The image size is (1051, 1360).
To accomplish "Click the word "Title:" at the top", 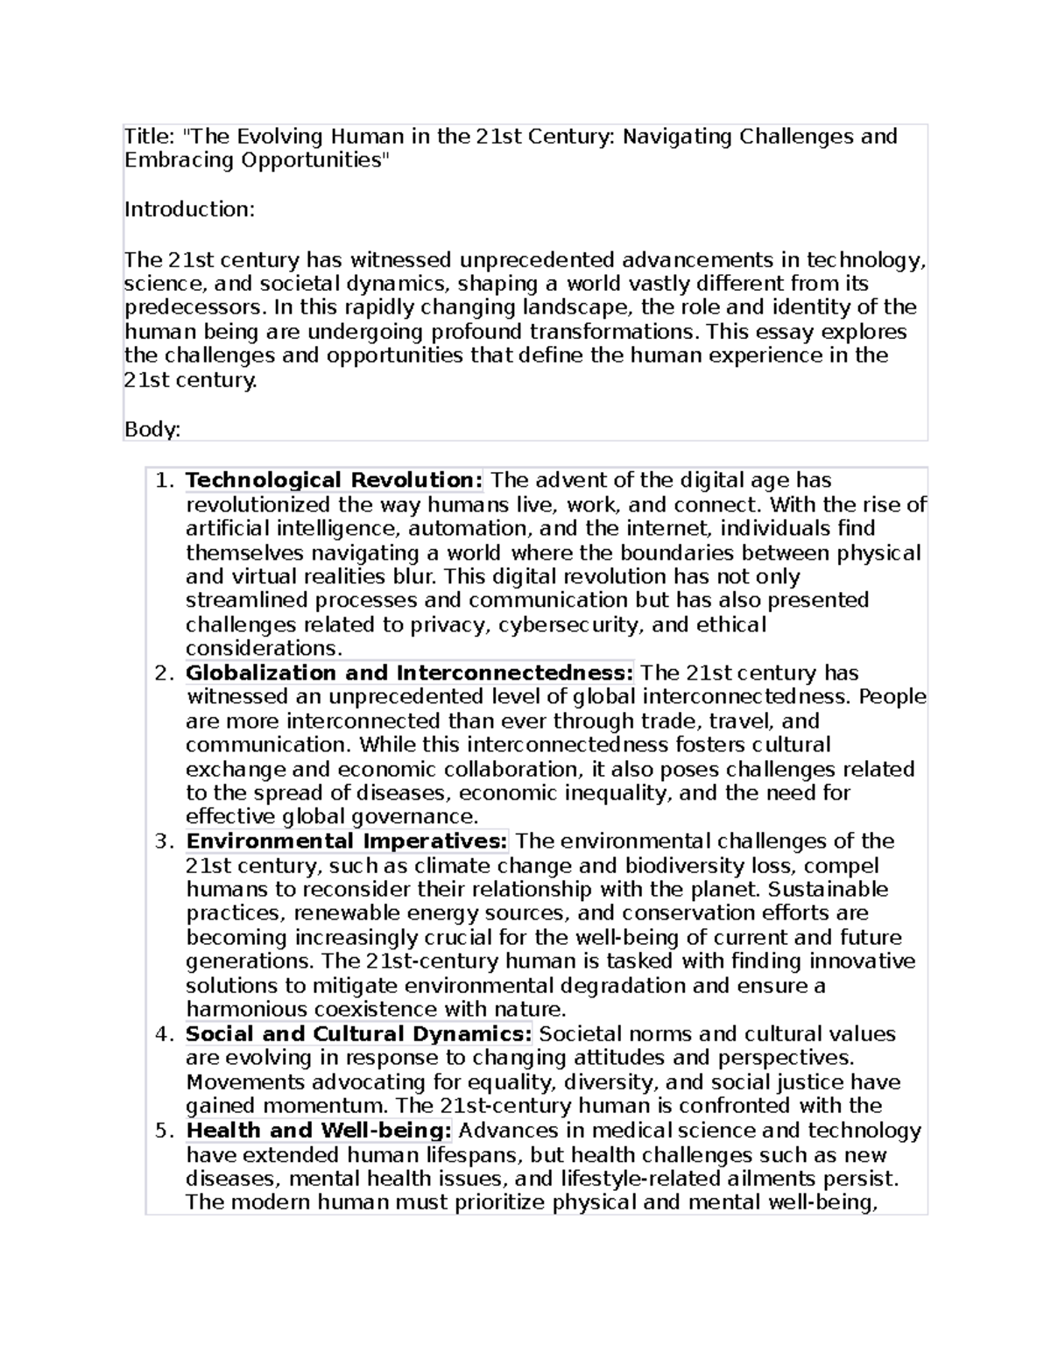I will click(150, 137).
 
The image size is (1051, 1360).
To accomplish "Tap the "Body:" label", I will click(152, 429).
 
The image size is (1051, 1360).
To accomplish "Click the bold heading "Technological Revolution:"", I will click(334, 481).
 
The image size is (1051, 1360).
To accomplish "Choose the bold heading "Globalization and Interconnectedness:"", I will click(409, 673).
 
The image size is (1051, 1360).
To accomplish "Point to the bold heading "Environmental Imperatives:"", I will click(347, 842).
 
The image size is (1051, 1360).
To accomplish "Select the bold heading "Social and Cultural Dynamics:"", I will click(358, 1034).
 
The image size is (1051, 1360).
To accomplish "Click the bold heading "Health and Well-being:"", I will click(319, 1131).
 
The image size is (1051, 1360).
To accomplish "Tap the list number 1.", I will click(164, 481).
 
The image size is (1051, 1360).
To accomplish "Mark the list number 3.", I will click(164, 842).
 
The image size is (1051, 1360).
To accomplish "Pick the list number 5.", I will click(164, 1131).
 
